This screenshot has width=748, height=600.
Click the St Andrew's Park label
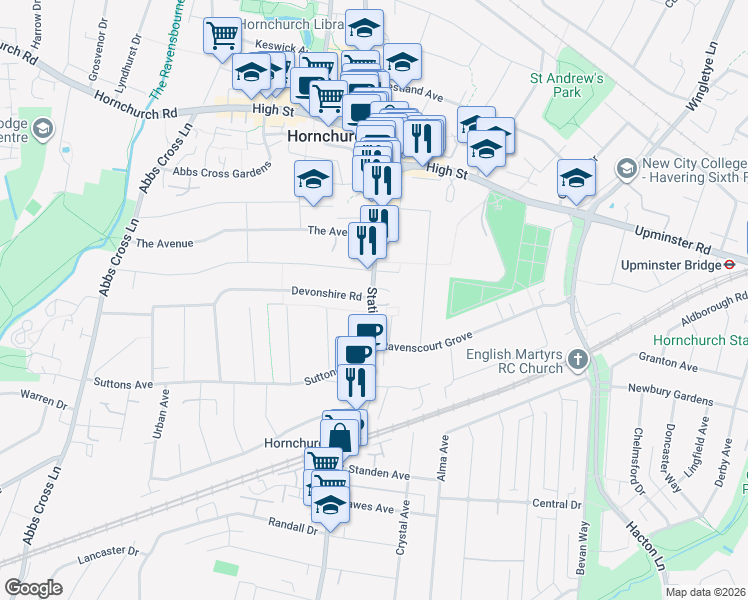568,85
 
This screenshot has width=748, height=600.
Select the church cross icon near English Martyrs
577,358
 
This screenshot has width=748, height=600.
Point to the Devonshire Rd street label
326,295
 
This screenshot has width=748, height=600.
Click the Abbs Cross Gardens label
222,171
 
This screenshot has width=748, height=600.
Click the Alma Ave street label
441,457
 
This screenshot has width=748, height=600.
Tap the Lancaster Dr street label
106,551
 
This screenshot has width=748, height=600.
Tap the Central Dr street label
557,504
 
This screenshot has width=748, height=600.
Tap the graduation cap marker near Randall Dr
330,507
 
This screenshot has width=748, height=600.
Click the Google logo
33,588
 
